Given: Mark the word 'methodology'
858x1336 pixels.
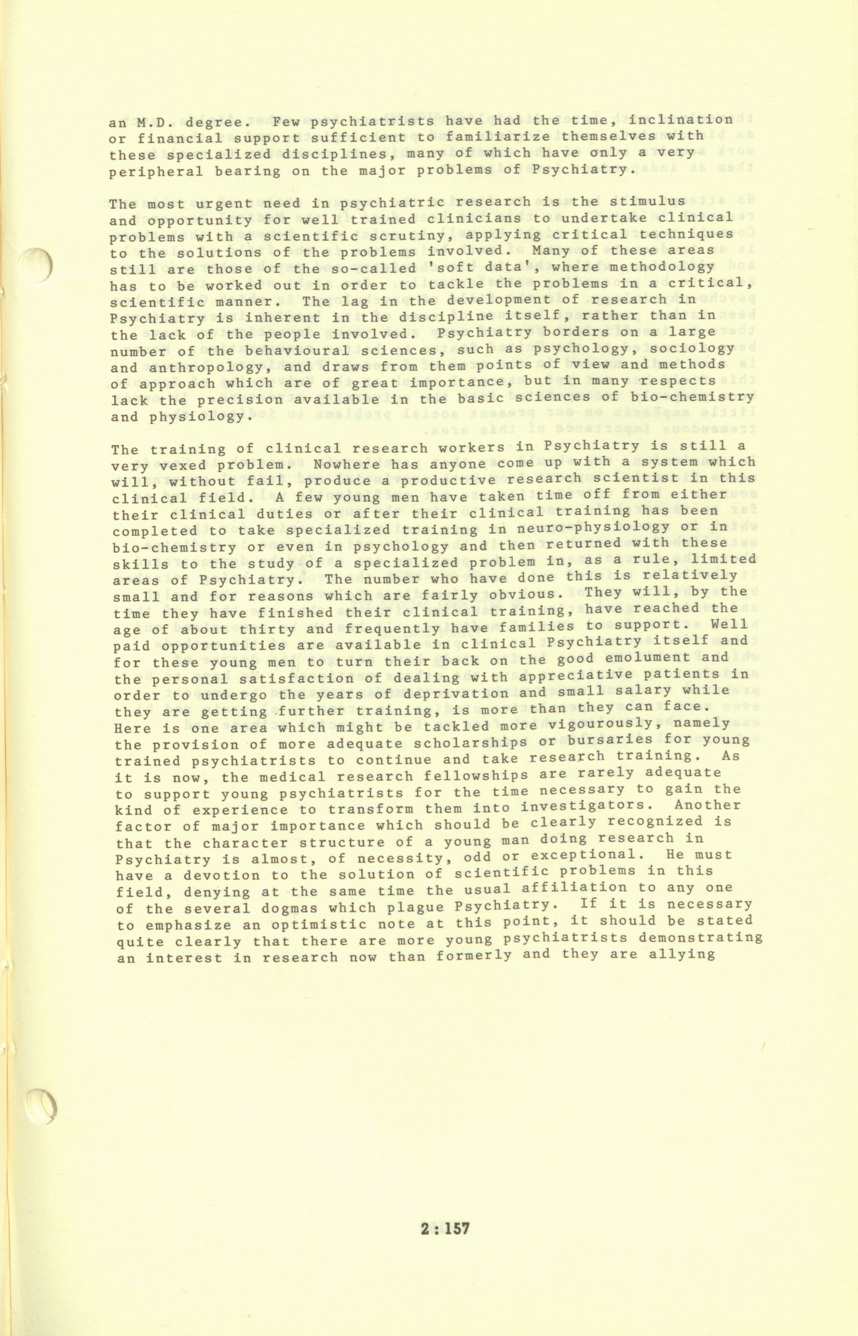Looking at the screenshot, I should (x=661, y=267).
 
